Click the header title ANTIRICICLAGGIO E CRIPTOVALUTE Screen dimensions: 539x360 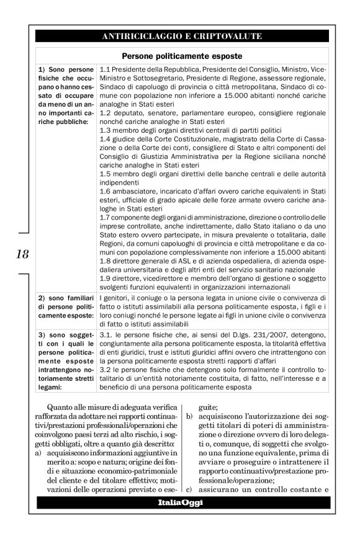pos(180,36)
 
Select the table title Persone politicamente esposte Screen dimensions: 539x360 pos(180,55)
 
